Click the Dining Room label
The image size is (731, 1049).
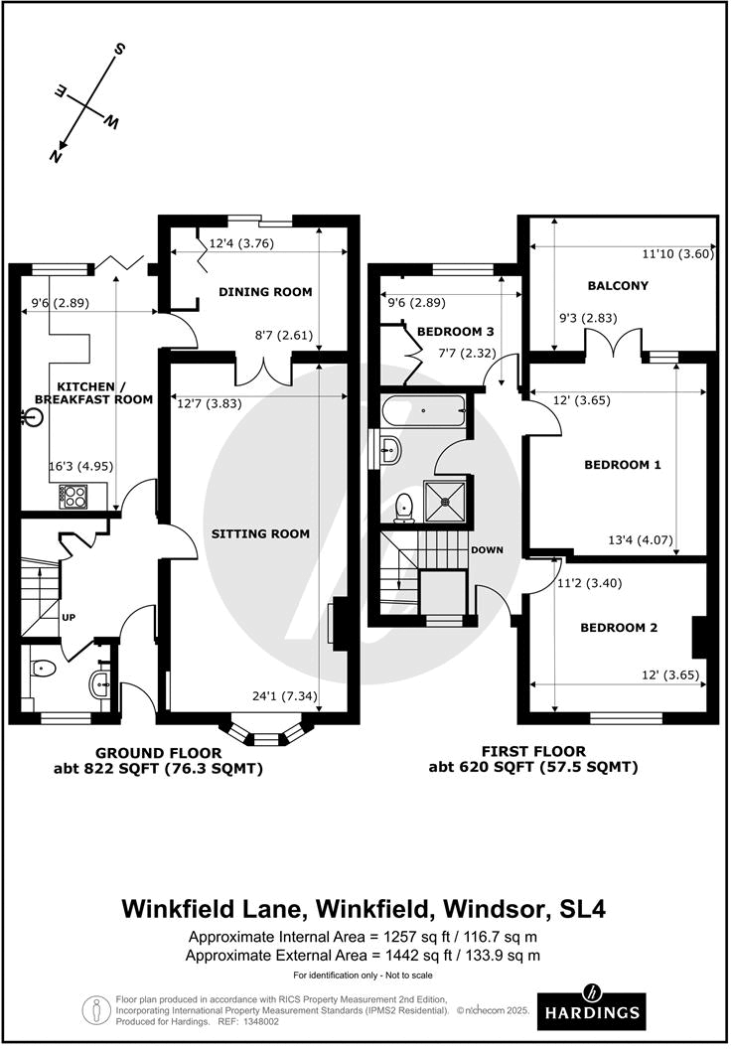click(265, 292)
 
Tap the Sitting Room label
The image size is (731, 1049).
click(260, 533)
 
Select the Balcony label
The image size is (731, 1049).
click(617, 285)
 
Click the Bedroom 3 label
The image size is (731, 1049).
click(456, 331)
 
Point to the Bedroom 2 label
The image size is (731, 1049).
click(620, 627)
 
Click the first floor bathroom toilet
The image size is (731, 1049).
click(404, 508)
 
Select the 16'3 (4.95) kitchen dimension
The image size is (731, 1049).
click(76, 464)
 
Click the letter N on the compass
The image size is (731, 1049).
click(57, 153)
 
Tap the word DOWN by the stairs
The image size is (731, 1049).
click(488, 549)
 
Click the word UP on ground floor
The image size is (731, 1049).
click(70, 616)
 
